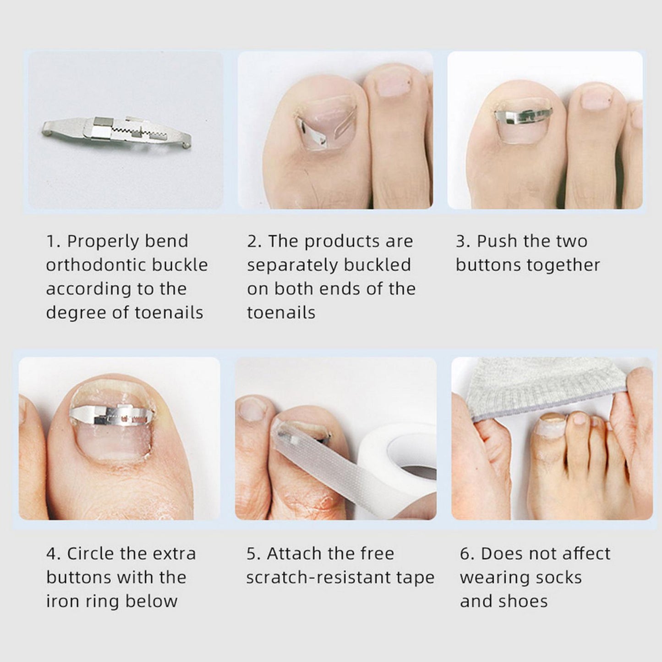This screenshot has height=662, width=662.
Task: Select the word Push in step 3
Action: tap(497, 241)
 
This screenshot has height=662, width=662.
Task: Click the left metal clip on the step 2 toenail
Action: tap(313, 134)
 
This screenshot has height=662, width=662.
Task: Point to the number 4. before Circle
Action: tap(53, 553)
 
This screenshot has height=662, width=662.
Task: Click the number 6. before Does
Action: tap(467, 553)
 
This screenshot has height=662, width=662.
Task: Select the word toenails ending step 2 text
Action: tap(281, 313)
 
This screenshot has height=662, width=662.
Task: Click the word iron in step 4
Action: tap(60, 601)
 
